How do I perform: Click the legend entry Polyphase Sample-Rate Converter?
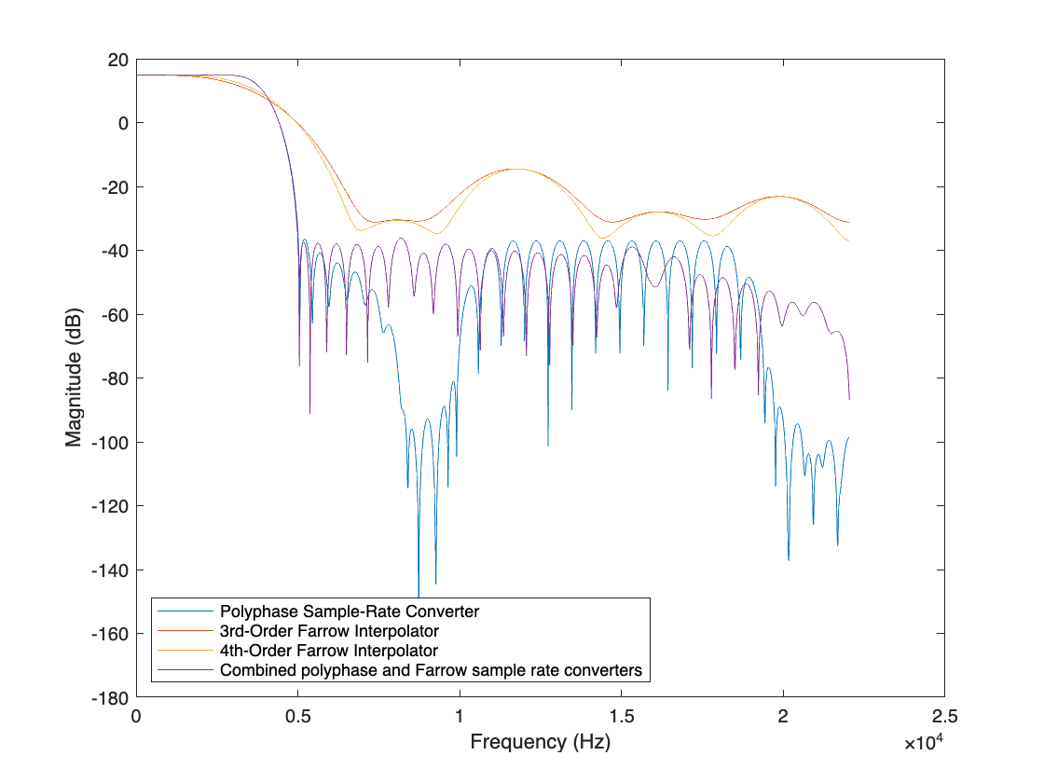click(349, 612)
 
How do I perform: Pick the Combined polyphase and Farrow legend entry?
click(431, 669)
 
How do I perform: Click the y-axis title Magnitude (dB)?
click(74, 378)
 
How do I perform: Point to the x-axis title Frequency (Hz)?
click(541, 742)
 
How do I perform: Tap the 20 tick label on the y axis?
click(117, 60)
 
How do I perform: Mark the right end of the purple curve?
click(849, 399)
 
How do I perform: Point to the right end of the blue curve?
click(849, 437)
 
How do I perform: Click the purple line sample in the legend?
click(185, 669)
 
